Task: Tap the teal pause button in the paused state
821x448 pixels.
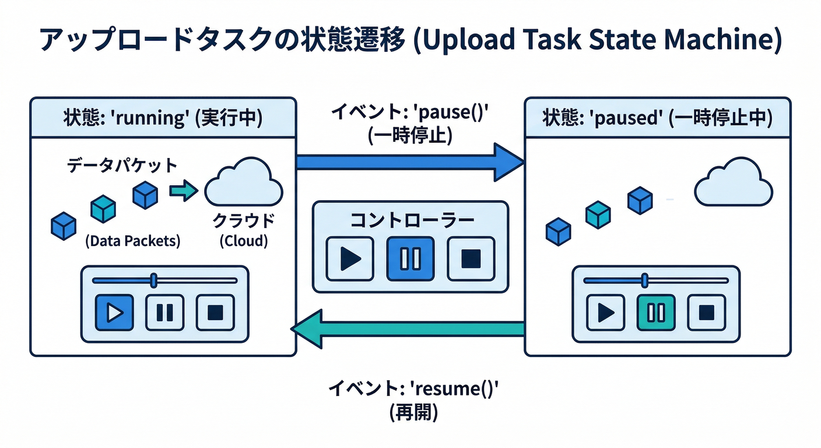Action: coord(656,313)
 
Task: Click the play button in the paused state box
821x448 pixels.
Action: coord(606,313)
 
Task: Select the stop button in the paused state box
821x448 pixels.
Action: coord(706,313)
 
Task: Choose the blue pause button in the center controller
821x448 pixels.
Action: coord(410,258)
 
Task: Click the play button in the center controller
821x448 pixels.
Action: coord(350,258)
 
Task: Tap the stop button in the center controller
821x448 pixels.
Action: coord(470,258)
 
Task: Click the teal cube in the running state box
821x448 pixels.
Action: coord(103,208)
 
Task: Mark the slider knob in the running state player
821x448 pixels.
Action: coord(153,280)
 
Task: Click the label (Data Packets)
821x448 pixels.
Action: coord(132,240)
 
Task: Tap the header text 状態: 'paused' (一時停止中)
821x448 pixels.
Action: coord(657,119)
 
